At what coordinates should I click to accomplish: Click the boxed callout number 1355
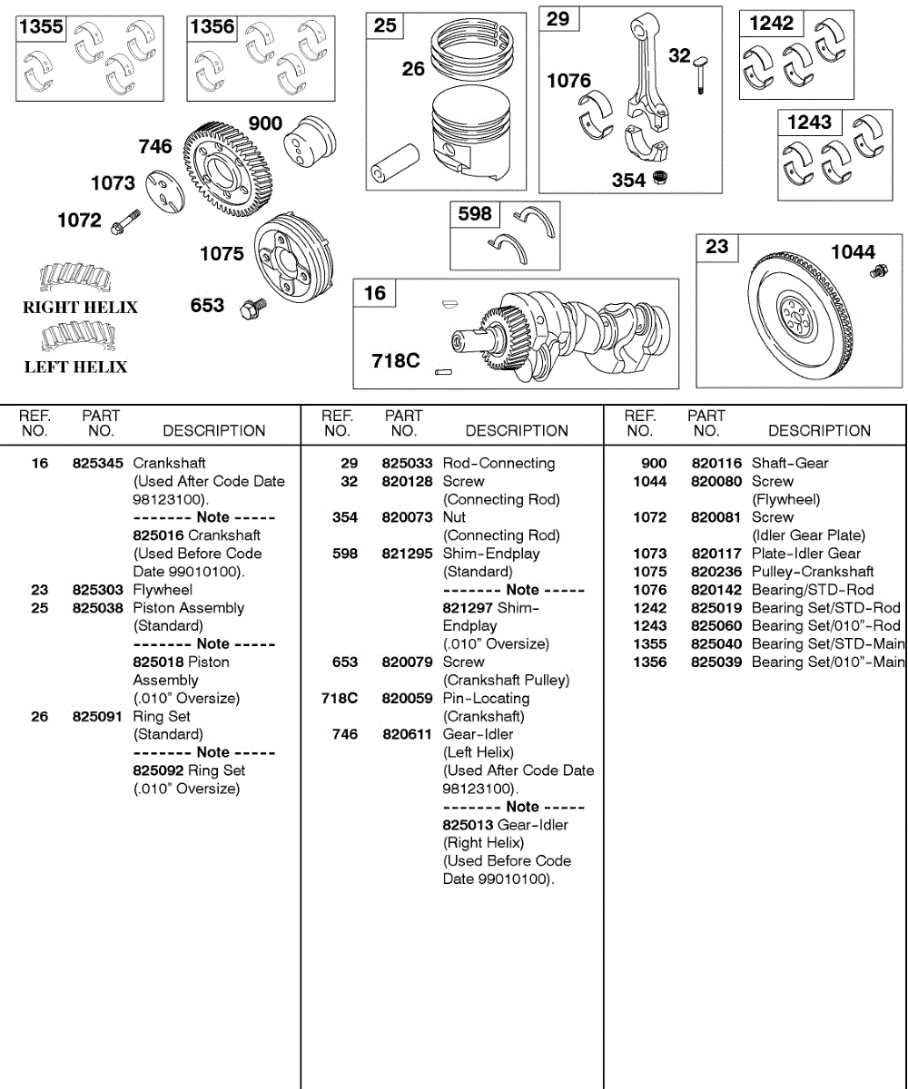pyautogui.click(x=42, y=27)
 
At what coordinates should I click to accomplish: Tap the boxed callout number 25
pyautogui.click(x=385, y=25)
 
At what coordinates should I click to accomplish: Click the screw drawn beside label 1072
pyautogui.click(x=125, y=221)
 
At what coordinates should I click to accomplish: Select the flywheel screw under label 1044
pyautogui.click(x=876, y=271)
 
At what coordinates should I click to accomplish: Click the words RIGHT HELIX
pyautogui.click(x=80, y=308)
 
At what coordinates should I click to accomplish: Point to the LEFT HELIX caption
pyautogui.click(x=75, y=367)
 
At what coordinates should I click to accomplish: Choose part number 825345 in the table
pyautogui.click(x=98, y=464)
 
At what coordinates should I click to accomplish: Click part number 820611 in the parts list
pyautogui.click(x=408, y=734)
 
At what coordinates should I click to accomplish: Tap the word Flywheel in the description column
pyautogui.click(x=163, y=590)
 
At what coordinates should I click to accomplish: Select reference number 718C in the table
pyautogui.click(x=340, y=698)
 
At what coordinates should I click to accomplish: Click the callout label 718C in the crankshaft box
pyautogui.click(x=396, y=360)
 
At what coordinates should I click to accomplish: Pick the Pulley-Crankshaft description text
pyautogui.click(x=813, y=572)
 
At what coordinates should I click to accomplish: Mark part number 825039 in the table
pyautogui.click(x=717, y=662)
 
